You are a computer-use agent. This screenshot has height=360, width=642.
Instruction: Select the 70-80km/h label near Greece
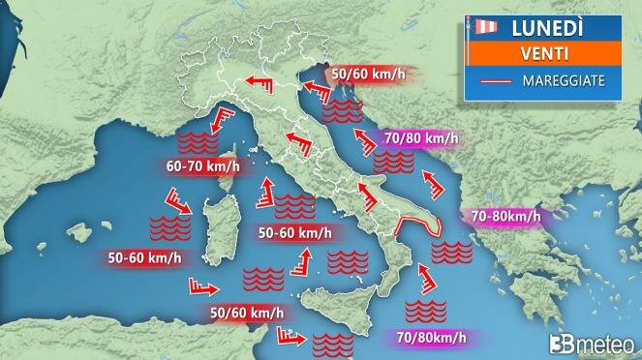click(502, 216)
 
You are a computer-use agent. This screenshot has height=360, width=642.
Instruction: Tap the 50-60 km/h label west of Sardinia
click(144, 257)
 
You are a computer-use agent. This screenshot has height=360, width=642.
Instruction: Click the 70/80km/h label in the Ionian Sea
click(431, 338)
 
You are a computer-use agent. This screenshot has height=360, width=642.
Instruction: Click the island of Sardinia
click(215, 228)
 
